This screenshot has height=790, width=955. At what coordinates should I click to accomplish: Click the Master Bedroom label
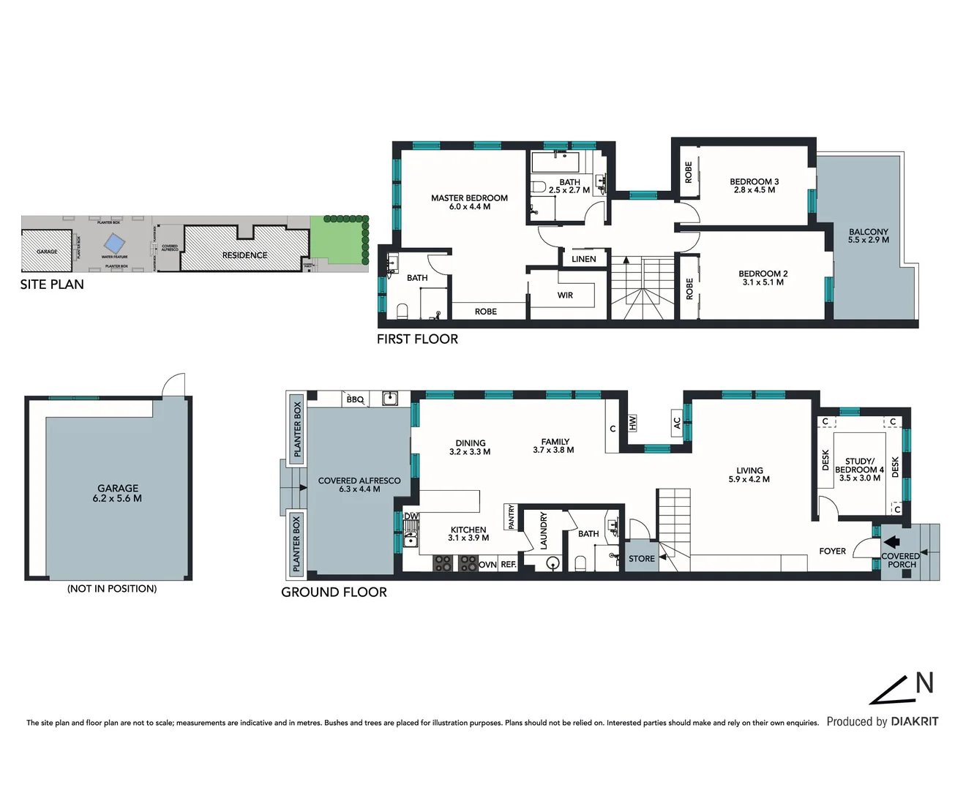[469, 198]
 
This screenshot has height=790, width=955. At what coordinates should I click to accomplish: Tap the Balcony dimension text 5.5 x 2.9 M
[869, 240]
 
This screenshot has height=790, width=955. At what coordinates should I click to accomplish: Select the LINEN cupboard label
[583, 259]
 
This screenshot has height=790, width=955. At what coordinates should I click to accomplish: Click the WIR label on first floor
[565, 296]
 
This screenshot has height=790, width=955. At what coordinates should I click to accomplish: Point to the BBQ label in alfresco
[355, 399]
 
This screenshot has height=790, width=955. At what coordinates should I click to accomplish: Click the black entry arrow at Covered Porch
[891, 543]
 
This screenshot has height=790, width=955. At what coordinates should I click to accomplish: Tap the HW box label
[632, 423]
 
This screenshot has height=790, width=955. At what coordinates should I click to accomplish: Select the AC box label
[677, 423]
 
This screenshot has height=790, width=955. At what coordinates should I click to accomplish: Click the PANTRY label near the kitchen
[511, 517]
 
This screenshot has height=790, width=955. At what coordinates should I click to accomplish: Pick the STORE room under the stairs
[642, 559]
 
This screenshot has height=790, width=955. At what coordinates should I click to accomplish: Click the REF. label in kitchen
[509, 565]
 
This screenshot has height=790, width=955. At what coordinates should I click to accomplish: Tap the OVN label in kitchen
[487, 565]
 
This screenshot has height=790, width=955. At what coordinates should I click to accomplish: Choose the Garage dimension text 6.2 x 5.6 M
[117, 499]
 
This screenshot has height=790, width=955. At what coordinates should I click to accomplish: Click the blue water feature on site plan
[113, 243]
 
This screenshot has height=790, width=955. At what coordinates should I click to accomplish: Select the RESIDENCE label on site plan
[244, 255]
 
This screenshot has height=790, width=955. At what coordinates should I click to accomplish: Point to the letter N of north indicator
[925, 683]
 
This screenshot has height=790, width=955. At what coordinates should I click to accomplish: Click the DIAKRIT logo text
[914, 722]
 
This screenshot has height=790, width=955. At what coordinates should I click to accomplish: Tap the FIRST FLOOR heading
[417, 339]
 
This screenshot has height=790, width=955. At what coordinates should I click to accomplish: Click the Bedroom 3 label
[754, 181]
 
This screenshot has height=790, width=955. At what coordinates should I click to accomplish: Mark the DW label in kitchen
[411, 516]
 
